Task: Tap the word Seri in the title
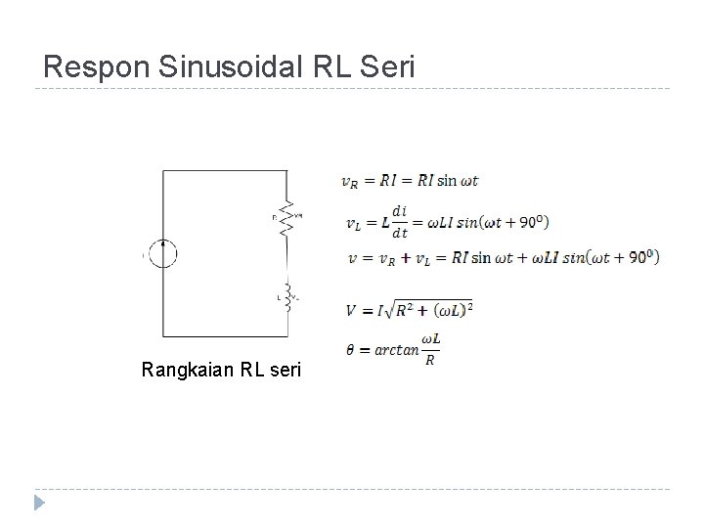[391, 67]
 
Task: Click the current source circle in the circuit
[162, 254]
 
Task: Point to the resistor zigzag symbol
[286, 219]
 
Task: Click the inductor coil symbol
[287, 297]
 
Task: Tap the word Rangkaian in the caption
[185, 371]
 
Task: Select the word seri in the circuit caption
[284, 371]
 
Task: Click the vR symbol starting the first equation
[349, 181]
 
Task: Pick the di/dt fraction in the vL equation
[399, 220]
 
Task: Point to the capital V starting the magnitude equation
[350, 311]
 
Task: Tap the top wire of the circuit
[225, 169]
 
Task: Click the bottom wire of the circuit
[225, 337]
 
